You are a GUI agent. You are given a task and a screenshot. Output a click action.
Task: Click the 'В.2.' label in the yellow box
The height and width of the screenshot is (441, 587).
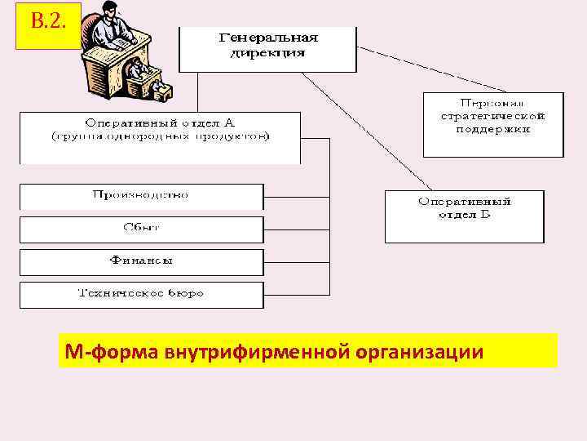tap(47, 21)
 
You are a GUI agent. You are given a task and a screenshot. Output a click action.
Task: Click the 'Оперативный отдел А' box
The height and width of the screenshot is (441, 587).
tap(160, 137)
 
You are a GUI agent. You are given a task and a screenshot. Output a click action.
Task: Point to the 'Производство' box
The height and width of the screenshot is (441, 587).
tap(141, 196)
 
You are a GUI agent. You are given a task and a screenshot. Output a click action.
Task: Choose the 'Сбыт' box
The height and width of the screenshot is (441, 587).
tap(141, 229)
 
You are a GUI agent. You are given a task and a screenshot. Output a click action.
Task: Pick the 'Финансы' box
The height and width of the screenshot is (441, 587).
tap(141, 262)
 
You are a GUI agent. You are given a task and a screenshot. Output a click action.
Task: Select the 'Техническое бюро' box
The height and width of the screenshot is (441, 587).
tap(141, 295)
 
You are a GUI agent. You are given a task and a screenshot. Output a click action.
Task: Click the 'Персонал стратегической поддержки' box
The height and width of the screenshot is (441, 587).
tap(492, 124)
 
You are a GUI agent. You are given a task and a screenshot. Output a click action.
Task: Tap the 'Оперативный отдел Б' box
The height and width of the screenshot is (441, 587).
tap(464, 215)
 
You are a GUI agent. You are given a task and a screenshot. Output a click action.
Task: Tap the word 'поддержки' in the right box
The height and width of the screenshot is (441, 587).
tap(492, 129)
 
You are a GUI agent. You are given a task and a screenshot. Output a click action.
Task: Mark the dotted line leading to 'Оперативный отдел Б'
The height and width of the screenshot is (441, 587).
tap(367, 131)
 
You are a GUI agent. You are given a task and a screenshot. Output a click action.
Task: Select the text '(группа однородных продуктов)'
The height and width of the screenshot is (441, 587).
tap(160, 136)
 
